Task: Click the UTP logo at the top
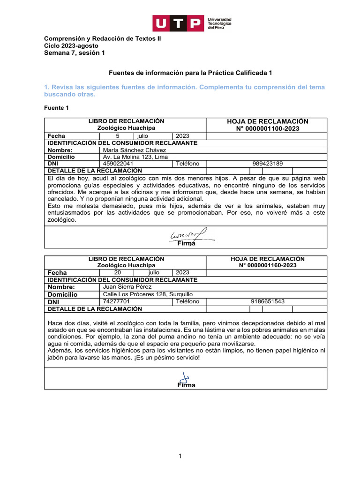(192, 23)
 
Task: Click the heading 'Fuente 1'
(56, 108)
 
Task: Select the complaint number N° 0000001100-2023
(267, 129)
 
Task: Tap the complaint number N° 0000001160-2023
(267, 265)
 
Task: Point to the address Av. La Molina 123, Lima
(135, 157)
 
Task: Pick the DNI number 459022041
(118, 164)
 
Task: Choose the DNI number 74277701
(116, 301)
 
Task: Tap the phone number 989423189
(268, 164)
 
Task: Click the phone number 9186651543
(268, 301)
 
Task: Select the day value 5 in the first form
(117, 136)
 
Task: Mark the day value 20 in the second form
(118, 272)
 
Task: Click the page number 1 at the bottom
(180, 456)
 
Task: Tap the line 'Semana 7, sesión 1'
(74, 53)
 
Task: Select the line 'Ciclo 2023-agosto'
(71, 46)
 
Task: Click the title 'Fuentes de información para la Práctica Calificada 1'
(190, 73)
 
